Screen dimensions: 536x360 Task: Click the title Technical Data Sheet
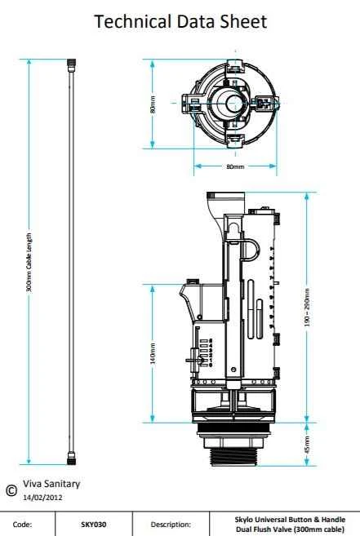(180, 22)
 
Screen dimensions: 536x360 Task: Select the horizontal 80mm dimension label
(234, 166)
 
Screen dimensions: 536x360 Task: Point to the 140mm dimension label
(152, 354)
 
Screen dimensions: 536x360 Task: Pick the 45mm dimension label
(307, 445)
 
